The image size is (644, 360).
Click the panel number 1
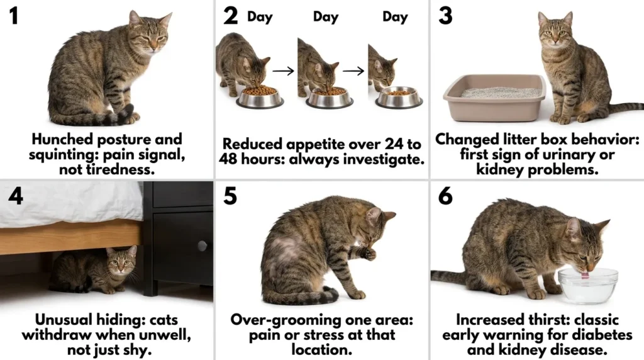[13, 16]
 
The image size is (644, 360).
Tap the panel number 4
[15, 196]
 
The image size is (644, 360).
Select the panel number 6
[445, 196]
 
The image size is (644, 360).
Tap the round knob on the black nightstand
[202, 245]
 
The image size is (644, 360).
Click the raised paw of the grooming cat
[369, 253]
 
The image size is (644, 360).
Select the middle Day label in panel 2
[326, 17]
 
